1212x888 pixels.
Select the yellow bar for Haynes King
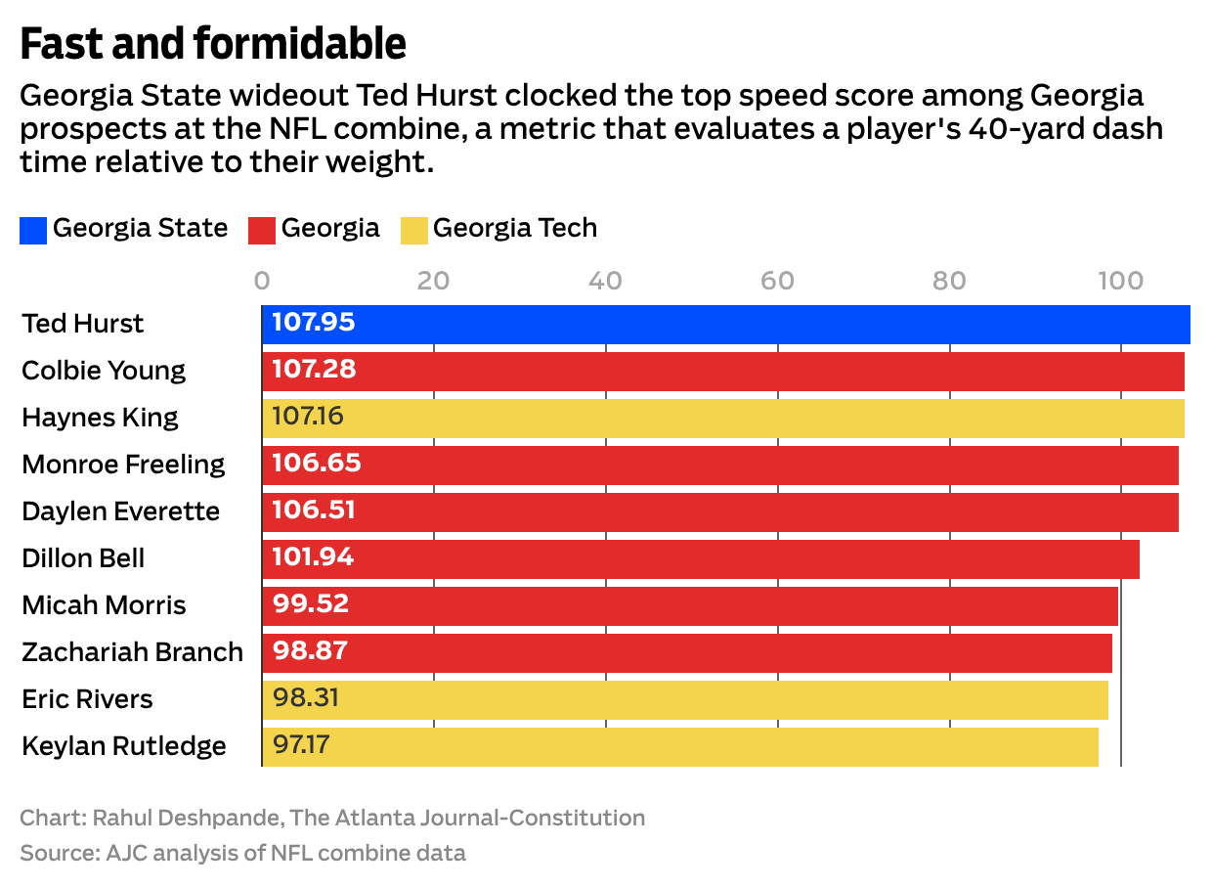click(x=723, y=418)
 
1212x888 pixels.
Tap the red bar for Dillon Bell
click(x=700, y=558)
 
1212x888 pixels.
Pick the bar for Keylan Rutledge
click(x=680, y=746)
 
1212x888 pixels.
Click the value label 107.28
click(x=314, y=371)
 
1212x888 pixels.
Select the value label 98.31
click(x=306, y=699)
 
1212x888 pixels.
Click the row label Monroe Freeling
click(x=123, y=465)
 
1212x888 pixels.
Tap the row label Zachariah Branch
click(x=132, y=652)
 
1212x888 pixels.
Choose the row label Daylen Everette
click(x=120, y=511)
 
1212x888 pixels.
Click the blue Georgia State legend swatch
click(x=33, y=231)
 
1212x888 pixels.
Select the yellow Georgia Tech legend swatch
click(x=414, y=231)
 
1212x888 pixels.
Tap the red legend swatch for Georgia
click(x=262, y=231)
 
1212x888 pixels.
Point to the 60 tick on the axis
click(x=777, y=281)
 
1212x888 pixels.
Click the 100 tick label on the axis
click(x=1120, y=281)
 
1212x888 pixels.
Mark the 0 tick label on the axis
click(x=262, y=281)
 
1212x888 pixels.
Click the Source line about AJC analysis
click(x=242, y=853)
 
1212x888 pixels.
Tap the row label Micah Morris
click(x=104, y=605)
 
